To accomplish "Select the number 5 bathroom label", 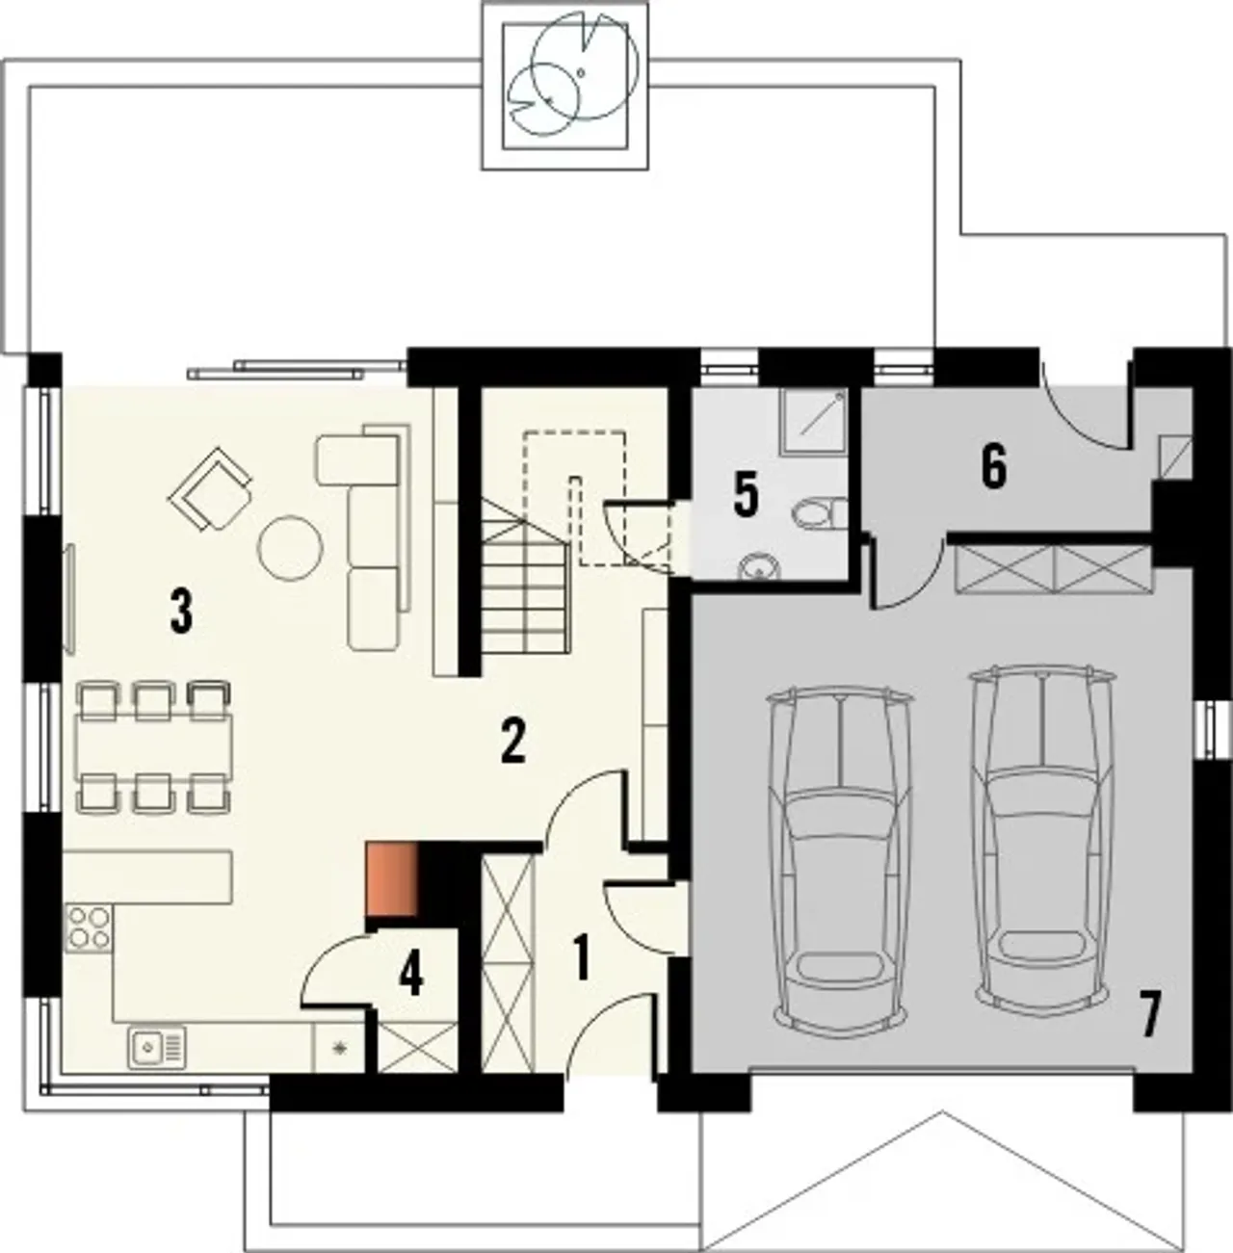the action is (746, 494).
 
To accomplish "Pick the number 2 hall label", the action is (512, 742).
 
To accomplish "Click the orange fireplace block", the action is (391, 879).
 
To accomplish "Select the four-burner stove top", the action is (90, 928).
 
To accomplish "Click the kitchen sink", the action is (157, 1048).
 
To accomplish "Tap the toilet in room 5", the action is (820, 512).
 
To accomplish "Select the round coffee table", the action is (290, 547).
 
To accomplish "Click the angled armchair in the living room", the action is (210, 488).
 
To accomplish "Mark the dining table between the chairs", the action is (154, 746).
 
